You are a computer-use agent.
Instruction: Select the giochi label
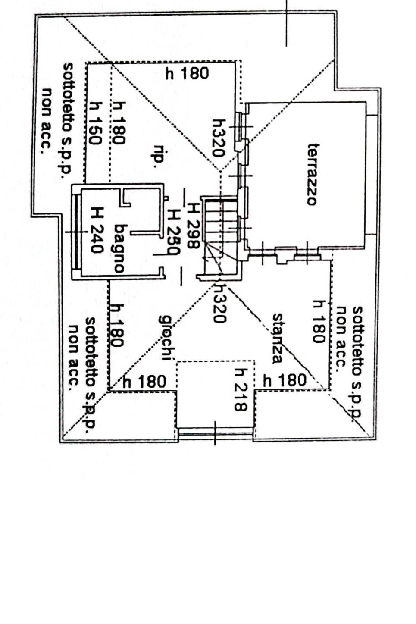pyautogui.click(x=166, y=337)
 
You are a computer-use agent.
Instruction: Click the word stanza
pyautogui.click(x=278, y=338)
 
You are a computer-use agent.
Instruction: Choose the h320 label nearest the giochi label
pyautogui.click(x=219, y=303)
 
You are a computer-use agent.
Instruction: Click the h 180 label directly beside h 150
pyautogui.click(x=119, y=123)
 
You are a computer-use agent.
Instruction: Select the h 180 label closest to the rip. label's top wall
pyautogui.click(x=187, y=74)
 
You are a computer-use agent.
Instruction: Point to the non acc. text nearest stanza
pyautogui.click(x=341, y=336)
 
